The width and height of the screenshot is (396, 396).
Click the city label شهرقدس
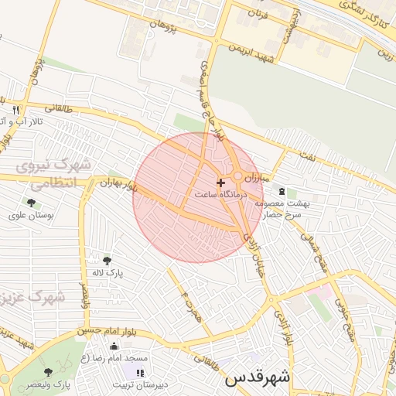258,379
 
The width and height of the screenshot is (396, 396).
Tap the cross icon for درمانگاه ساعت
222,183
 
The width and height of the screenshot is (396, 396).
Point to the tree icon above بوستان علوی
31,202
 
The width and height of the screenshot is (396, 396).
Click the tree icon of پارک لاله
107,261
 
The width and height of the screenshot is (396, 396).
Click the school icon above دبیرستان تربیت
139,373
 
